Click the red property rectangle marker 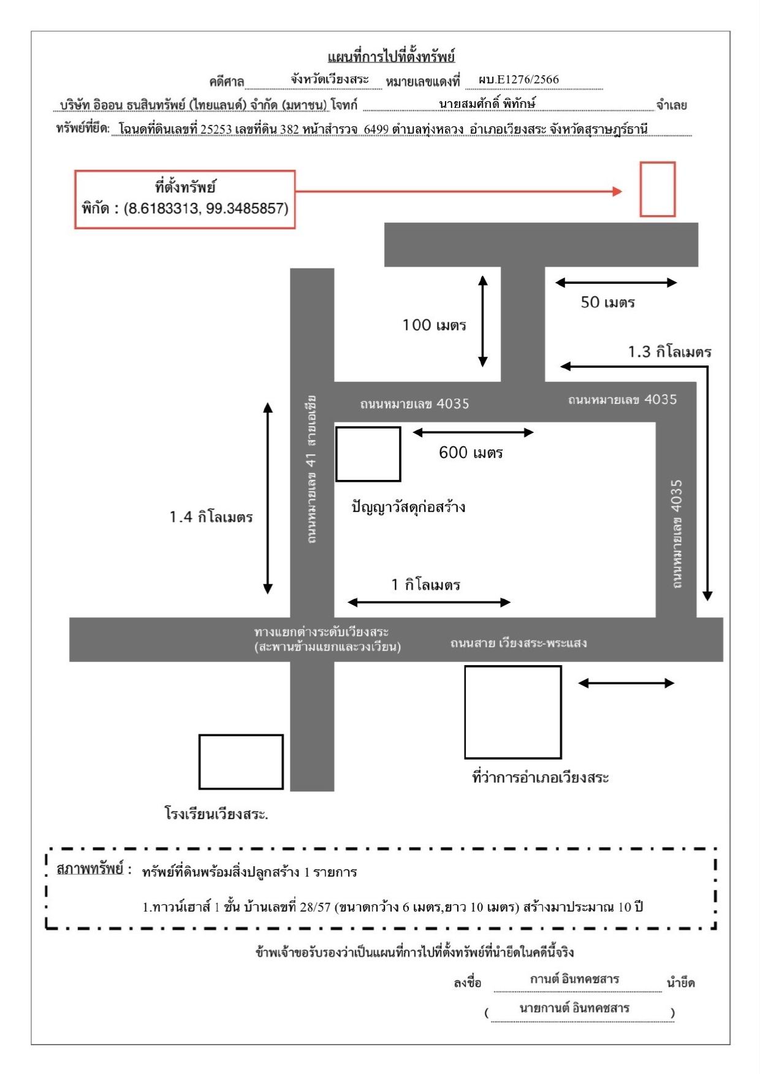658,163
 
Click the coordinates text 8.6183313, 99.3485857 206,208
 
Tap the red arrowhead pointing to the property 617,191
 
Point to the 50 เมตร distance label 607,302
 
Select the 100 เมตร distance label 434,325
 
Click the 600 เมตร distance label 471,453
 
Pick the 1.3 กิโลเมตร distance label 669,352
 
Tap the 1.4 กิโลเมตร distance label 211,517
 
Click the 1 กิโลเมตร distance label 425,585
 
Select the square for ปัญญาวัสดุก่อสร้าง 368,427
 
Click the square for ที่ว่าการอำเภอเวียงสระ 513,667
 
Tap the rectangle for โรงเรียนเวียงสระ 241,736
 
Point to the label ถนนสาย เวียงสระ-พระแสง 519,643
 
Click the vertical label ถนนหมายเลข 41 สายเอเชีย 312,470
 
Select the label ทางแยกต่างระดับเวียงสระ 321,631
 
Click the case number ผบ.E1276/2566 519,80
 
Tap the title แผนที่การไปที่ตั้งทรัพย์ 392,57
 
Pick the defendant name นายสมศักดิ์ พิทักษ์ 487,104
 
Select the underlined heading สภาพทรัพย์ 89,869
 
